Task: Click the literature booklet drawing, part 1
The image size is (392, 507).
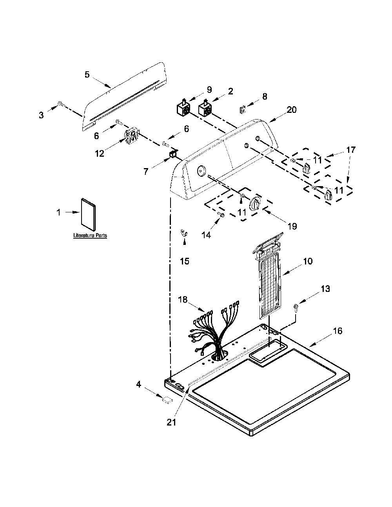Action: tap(89, 214)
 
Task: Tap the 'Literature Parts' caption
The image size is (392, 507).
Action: tap(90, 235)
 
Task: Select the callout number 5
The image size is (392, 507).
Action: tap(87, 75)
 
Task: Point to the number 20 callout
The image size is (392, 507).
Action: tap(292, 110)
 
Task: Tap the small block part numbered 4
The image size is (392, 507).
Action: tap(167, 400)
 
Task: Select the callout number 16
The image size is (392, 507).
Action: tap(338, 331)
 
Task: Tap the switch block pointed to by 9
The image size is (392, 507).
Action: tap(183, 108)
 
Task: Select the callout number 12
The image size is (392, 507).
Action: tap(100, 154)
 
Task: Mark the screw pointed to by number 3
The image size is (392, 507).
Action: tap(60, 103)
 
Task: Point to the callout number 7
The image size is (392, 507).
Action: tap(145, 172)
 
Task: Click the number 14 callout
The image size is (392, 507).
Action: tap(207, 235)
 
